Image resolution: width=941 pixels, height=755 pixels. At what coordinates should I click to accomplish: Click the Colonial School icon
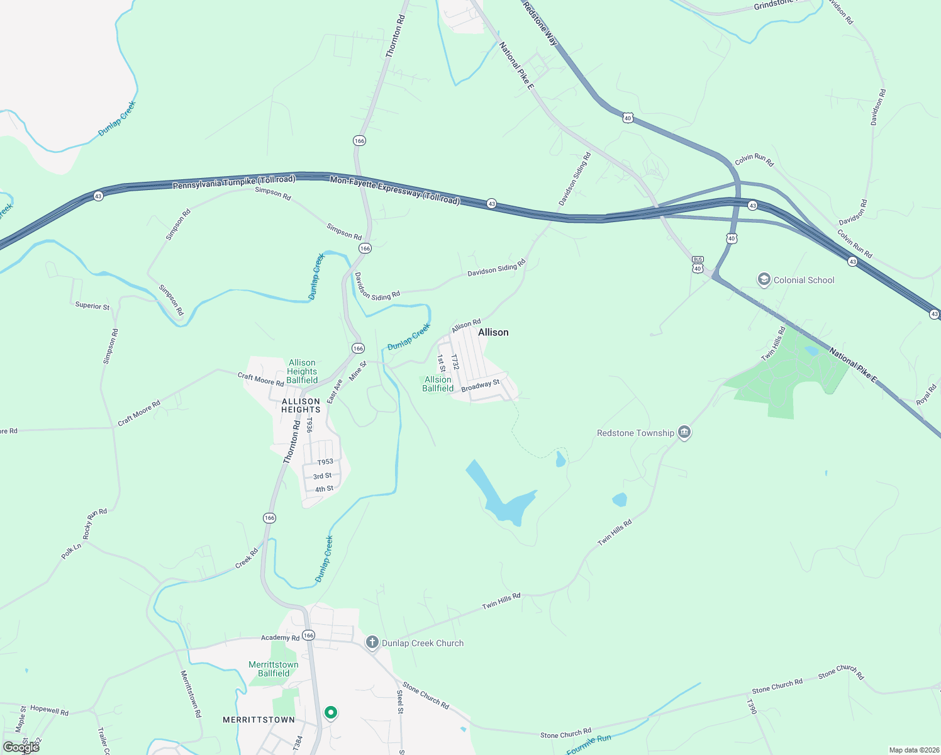[764, 280]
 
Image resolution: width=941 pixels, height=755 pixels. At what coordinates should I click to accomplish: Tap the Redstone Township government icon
[684, 433]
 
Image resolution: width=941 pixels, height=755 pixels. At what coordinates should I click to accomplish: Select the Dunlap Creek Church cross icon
[372, 642]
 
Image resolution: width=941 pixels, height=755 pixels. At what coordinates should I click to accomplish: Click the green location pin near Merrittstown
[330, 713]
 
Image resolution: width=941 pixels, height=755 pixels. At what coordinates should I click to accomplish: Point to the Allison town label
[493, 332]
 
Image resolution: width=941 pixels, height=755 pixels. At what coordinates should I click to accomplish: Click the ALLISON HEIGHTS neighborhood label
[301, 405]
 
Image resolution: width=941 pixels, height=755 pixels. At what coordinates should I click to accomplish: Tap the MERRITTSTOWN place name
[259, 720]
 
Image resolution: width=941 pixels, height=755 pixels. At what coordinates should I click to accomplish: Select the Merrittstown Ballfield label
[274, 669]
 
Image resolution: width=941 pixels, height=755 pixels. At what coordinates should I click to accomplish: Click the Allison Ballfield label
[438, 384]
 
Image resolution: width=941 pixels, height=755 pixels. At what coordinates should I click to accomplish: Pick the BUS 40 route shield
[697, 264]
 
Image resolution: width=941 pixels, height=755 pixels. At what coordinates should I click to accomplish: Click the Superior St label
[92, 306]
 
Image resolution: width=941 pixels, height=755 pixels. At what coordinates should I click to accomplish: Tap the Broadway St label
[481, 386]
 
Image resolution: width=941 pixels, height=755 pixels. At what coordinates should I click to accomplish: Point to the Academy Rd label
[281, 637]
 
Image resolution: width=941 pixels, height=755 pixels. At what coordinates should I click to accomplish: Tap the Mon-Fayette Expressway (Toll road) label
[395, 190]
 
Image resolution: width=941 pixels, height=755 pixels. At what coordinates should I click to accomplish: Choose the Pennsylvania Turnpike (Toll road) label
[234, 183]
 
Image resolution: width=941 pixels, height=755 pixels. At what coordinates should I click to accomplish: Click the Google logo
[21, 747]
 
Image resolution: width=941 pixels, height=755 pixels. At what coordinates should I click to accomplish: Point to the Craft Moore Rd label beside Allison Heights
[260, 379]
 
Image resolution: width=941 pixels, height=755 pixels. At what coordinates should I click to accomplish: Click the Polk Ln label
[72, 551]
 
